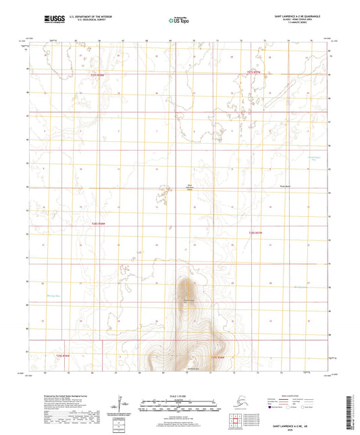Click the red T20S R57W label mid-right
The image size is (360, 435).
[255, 232]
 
